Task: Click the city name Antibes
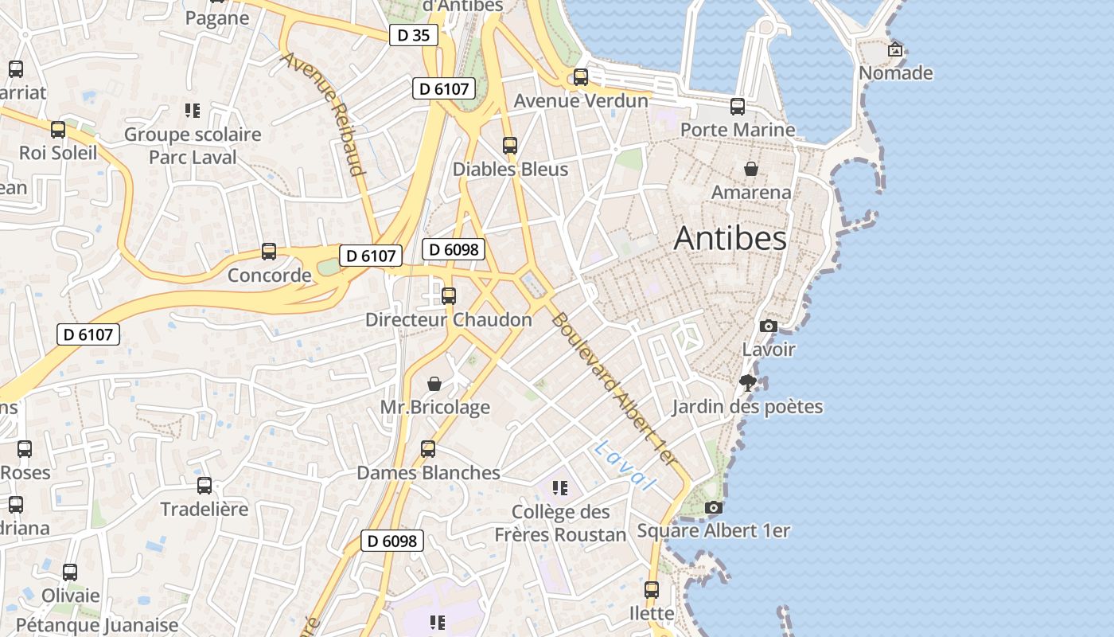[x=730, y=239]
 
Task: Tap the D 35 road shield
[x=414, y=35]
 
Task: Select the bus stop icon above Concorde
[x=269, y=252]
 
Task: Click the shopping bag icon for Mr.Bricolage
[x=434, y=385]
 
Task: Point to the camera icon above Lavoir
[x=769, y=326]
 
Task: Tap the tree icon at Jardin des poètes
[x=747, y=383]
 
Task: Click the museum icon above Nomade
[x=895, y=49]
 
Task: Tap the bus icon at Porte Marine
[x=738, y=106]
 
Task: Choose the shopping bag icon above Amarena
[x=750, y=169]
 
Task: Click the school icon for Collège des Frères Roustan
[x=560, y=487]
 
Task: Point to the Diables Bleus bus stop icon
[x=510, y=146]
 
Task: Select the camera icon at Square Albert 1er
[x=714, y=507]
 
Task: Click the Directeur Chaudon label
[x=448, y=320]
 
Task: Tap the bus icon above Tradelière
[x=204, y=485]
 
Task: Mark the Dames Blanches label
[x=428, y=473]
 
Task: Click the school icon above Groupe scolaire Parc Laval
[x=192, y=110]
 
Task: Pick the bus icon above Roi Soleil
[x=58, y=130]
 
